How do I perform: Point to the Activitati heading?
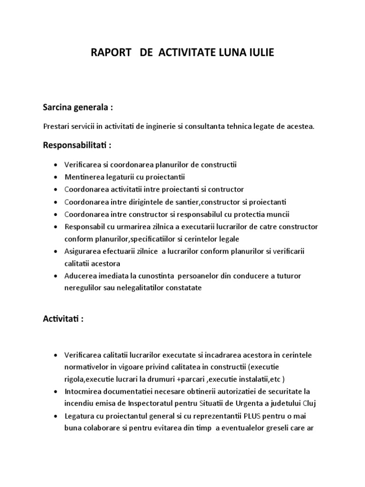(63, 319)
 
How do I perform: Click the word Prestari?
(55, 127)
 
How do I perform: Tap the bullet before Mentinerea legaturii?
(57, 177)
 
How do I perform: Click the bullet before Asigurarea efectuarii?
(57, 251)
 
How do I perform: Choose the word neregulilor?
(83, 288)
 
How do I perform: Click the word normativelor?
(87, 367)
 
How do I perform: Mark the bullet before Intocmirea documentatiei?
(57, 392)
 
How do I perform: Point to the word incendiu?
(79, 404)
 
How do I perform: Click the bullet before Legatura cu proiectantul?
(57, 417)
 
